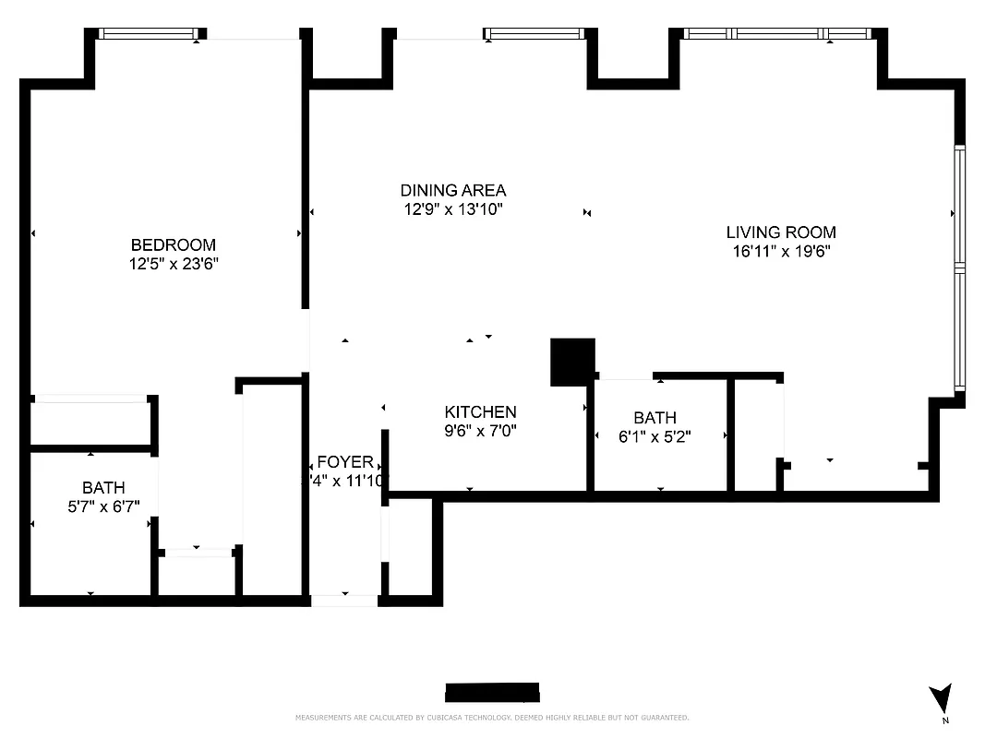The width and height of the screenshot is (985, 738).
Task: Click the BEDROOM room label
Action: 174,244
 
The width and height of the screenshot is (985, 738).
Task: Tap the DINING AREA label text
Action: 452,190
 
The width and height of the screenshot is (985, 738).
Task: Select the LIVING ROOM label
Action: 780,232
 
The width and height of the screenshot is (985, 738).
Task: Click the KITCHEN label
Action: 480,411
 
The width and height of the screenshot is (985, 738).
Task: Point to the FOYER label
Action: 344,462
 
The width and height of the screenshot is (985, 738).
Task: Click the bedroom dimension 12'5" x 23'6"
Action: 174,263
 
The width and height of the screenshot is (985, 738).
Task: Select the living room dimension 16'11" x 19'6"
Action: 782,251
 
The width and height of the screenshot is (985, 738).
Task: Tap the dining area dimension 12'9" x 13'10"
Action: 452,208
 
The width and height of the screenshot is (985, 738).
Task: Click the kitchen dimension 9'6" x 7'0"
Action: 480,430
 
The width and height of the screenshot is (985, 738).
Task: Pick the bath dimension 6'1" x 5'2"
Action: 655,436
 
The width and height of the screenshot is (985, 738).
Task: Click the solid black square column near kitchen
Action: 572,362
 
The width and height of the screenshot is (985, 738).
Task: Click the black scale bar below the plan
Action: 492,693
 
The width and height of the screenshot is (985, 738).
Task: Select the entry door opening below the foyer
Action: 344,601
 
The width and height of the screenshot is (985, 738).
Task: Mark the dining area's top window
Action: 535,34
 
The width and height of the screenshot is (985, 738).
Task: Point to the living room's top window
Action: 777,34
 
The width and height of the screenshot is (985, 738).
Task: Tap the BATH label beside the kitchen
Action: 655,418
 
